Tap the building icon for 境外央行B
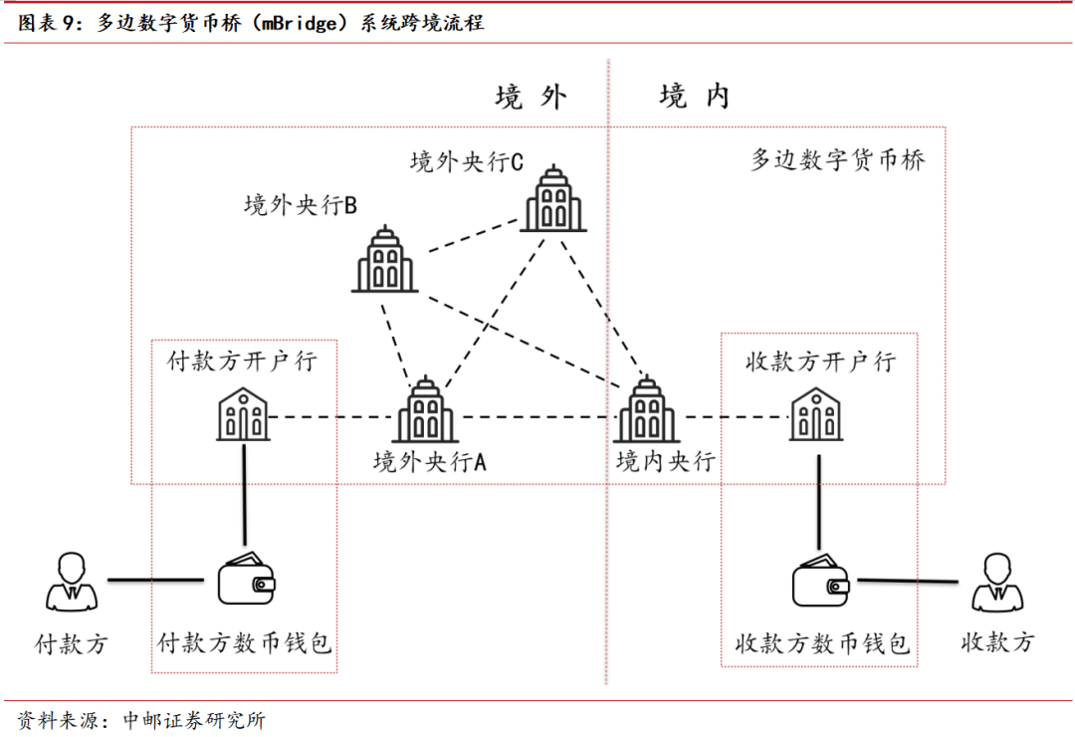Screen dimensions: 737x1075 384,260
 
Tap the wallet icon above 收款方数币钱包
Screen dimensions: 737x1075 822,579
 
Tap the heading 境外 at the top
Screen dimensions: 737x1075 531,97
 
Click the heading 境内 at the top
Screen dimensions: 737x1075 694,97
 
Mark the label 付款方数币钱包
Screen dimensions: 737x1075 245,643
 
